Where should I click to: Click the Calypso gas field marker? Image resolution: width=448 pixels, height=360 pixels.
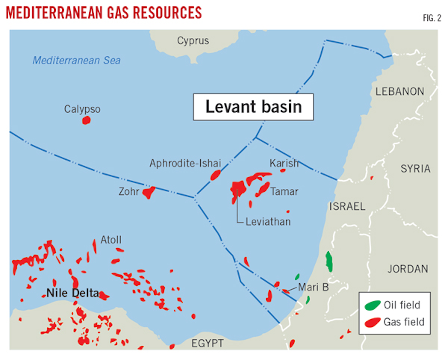pyautogui.click(x=86, y=120)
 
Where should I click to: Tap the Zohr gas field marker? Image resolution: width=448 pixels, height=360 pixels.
pyautogui.click(x=149, y=192)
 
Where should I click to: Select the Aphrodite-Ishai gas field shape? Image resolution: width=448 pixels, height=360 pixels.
pyautogui.click(x=215, y=175)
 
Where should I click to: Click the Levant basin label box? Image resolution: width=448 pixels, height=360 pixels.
pyautogui.click(x=253, y=107)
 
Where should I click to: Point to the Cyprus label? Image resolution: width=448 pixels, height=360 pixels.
pyautogui.click(x=193, y=41)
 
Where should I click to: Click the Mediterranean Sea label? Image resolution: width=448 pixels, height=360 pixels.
pyautogui.click(x=77, y=60)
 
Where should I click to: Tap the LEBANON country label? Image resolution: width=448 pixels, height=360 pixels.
pyautogui.click(x=400, y=91)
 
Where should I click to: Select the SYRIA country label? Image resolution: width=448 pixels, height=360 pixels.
pyautogui.click(x=415, y=169)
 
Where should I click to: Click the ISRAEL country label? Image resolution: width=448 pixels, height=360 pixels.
pyautogui.click(x=347, y=206)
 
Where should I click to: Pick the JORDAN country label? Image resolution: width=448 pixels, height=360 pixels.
pyautogui.click(x=408, y=269)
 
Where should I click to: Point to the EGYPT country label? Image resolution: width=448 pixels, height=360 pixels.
pyautogui.click(x=207, y=343)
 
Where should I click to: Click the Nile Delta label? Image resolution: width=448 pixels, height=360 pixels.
pyautogui.click(x=73, y=293)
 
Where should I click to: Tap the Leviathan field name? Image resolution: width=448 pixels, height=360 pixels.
pyautogui.click(x=268, y=222)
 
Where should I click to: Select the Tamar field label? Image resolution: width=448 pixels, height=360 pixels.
pyautogui.click(x=284, y=191)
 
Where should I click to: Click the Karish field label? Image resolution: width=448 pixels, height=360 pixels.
pyautogui.click(x=284, y=163)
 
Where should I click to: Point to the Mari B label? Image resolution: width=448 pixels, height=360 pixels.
pyautogui.click(x=313, y=287)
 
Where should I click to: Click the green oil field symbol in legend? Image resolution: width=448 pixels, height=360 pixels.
pyautogui.click(x=372, y=305)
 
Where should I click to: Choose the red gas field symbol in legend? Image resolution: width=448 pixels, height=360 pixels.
pyautogui.click(x=372, y=322)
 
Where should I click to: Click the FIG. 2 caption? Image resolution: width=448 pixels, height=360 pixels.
pyautogui.click(x=432, y=18)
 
